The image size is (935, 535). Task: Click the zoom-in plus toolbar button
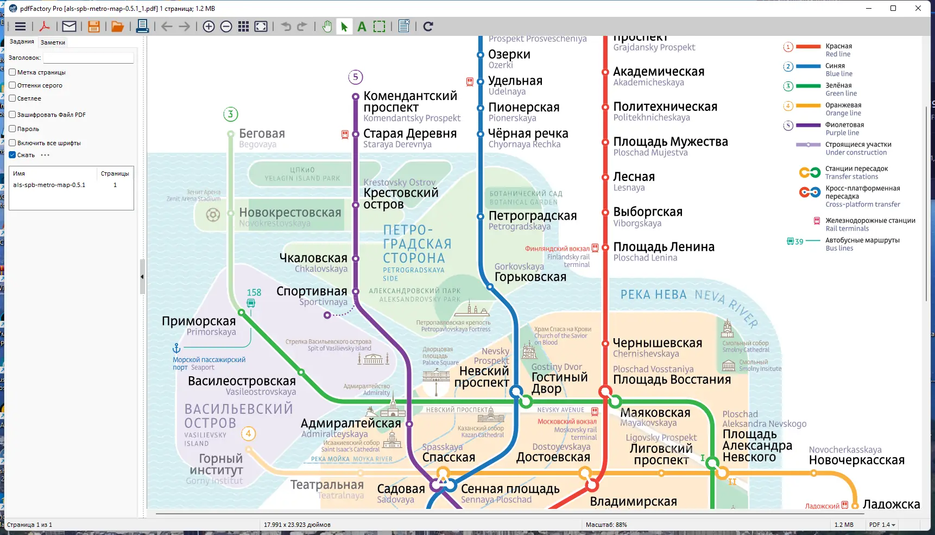[209, 27]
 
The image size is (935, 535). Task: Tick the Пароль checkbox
[12, 129]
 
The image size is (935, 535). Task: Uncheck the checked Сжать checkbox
[12, 155]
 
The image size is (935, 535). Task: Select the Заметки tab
[53, 42]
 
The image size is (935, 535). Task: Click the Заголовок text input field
[89, 58]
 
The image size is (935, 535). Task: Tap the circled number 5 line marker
[356, 77]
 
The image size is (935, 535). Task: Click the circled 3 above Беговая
[231, 114]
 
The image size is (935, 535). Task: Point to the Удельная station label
[515, 81]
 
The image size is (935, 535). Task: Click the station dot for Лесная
[605, 177]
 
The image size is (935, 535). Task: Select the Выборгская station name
[647, 212]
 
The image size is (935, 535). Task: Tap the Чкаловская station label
[313, 258]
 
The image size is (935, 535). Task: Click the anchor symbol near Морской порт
[176, 348]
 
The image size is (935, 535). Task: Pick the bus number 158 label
[254, 293]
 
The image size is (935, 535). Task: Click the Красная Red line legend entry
[838, 47]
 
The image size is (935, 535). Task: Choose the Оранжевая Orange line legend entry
[843, 105]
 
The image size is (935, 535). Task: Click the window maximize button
[893, 8]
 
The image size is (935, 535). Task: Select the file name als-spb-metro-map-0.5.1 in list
[49, 185]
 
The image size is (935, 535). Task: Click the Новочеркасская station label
[856, 461]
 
